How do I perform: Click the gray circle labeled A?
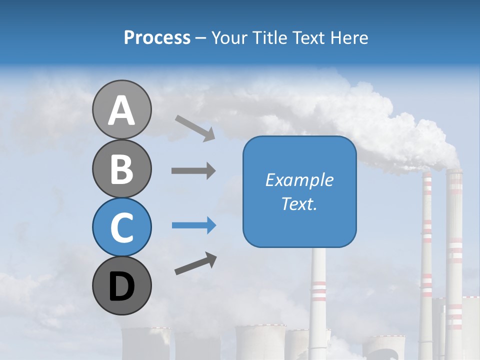121,109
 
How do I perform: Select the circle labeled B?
121,168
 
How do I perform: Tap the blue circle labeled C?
121,227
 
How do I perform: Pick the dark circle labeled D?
121,285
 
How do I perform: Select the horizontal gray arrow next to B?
193,170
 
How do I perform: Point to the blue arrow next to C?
193,225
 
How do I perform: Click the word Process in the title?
157,38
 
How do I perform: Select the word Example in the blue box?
299,180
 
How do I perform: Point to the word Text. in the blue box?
299,203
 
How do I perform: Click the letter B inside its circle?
121,169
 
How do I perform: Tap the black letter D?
121,286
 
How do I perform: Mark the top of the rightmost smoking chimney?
454,172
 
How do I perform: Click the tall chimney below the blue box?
318,290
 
